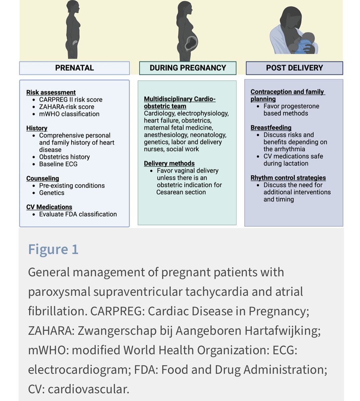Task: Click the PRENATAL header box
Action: pyautogui.click(x=74, y=68)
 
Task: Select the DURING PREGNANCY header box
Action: pyautogui.click(x=188, y=68)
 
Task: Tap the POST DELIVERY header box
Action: pyautogui.click(x=294, y=68)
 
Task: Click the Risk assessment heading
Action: pyautogui.click(x=51, y=92)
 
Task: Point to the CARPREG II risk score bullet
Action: pyautogui.click(x=71, y=100)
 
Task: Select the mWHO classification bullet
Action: pyautogui.click(x=69, y=114)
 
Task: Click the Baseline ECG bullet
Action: pyautogui.click(x=58, y=164)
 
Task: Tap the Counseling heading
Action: pyautogui.click(x=42, y=178)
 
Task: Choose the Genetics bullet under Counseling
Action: pyautogui.click(x=52, y=193)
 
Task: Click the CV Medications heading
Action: pyautogui.click(x=49, y=207)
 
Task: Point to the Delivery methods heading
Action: pyautogui.click(x=169, y=163)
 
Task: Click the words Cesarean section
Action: pyautogui.click(x=181, y=192)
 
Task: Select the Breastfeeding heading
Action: pyautogui.click(x=271, y=128)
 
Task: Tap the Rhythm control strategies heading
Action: pyautogui.click(x=288, y=178)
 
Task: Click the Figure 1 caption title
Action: pyautogui.click(x=53, y=249)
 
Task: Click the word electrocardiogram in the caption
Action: pyautogui.click(x=79, y=370)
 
